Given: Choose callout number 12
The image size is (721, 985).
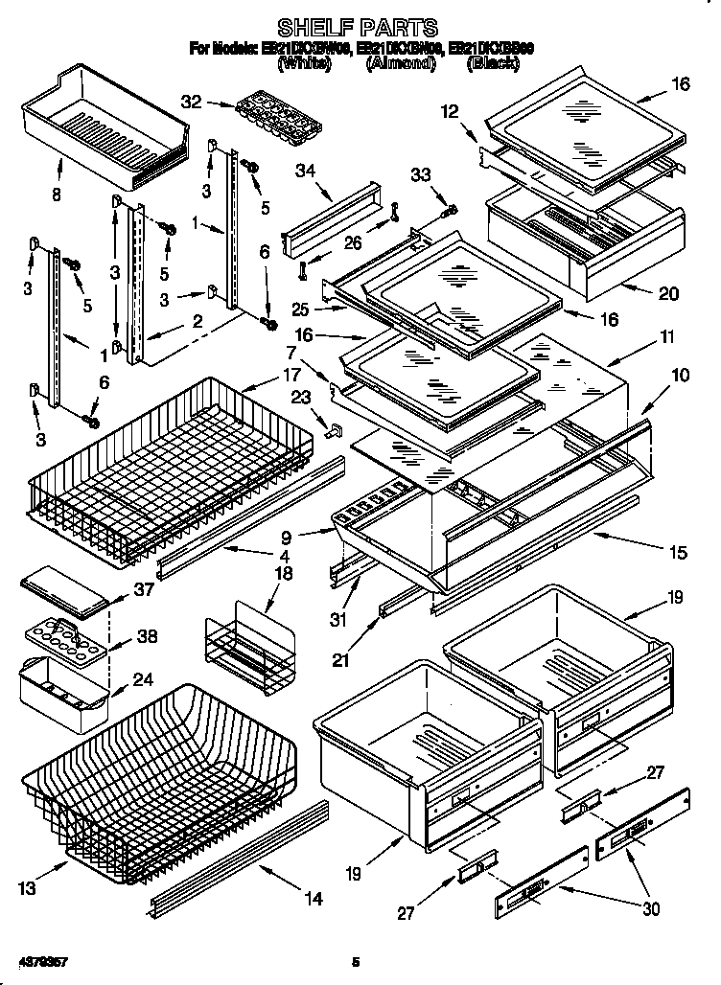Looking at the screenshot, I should coord(450,113).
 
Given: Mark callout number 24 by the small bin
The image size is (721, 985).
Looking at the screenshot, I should coord(143,681).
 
